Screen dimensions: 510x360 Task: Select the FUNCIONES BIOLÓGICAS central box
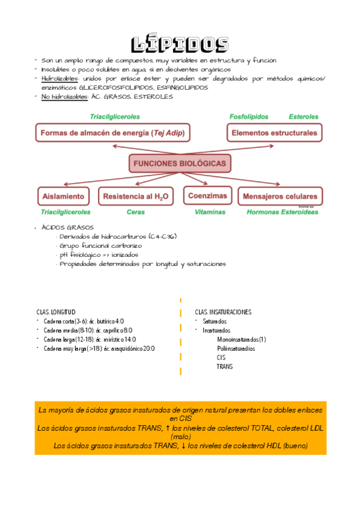tap(180, 164)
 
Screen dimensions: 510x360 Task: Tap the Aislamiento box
tap(63, 197)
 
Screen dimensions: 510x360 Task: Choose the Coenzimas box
tap(207, 196)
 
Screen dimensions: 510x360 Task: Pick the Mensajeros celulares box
tap(279, 197)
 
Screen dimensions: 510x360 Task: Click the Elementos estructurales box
tap(274, 132)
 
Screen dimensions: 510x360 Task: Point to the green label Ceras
tap(135, 212)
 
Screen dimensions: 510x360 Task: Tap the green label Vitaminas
tap(210, 212)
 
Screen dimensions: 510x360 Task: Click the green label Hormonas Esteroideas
tap(282, 212)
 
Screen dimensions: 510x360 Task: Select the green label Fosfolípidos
tap(249, 116)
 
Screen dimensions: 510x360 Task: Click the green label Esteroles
tap(304, 116)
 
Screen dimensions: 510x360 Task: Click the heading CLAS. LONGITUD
tap(56, 312)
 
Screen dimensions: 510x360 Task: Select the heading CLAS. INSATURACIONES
tap(223, 312)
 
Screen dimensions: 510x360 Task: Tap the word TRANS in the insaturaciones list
tap(225, 366)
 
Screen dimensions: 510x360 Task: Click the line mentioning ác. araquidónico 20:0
tap(99, 348)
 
